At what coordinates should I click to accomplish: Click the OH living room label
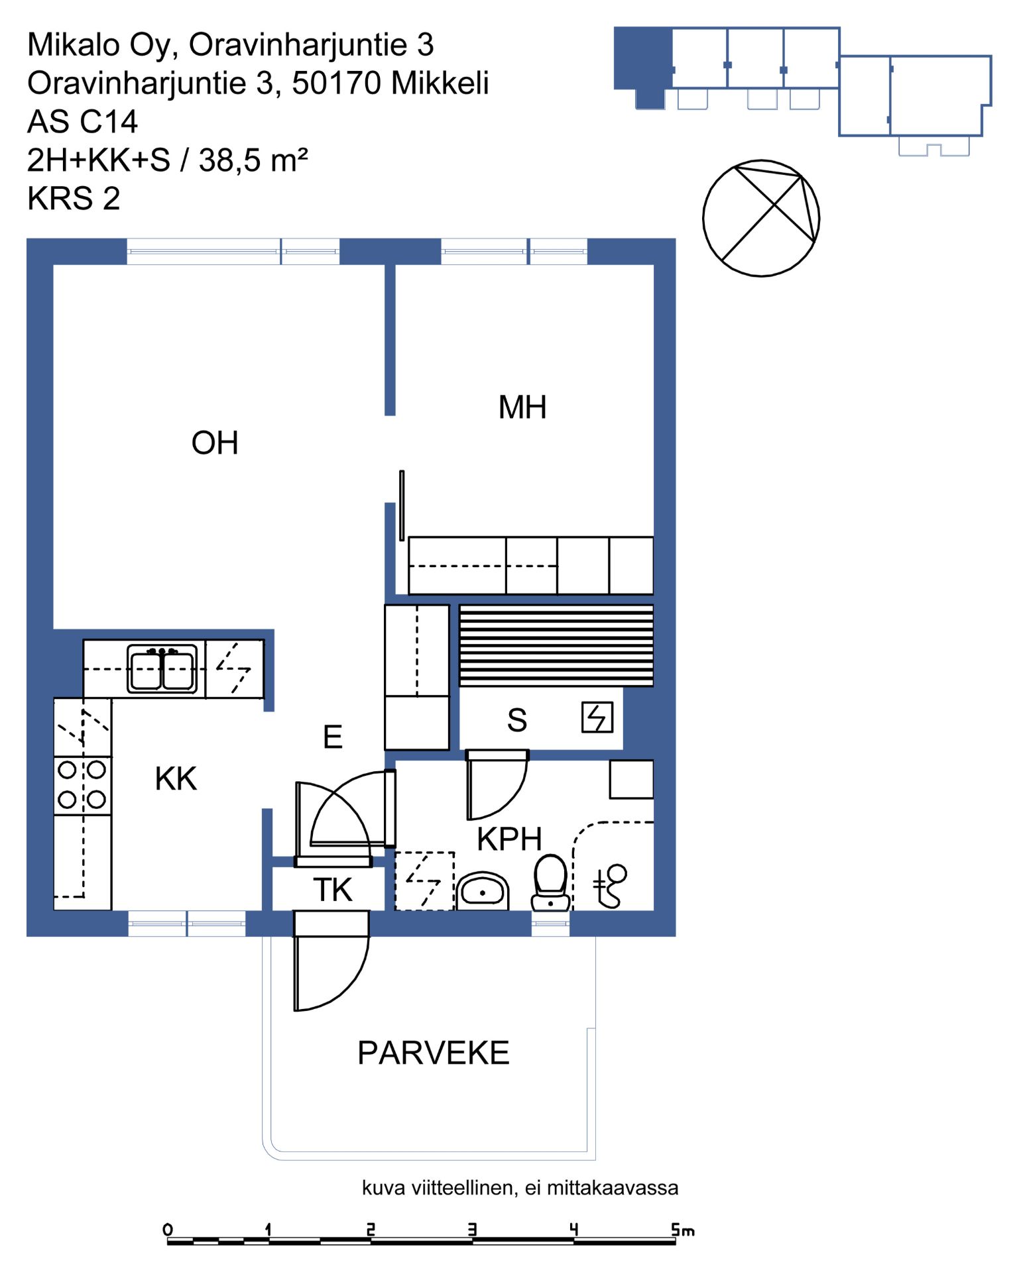(x=214, y=443)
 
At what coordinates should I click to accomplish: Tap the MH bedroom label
(x=522, y=407)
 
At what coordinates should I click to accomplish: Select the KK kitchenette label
(x=176, y=779)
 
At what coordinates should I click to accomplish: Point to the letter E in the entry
(x=333, y=737)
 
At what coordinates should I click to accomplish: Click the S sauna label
(x=517, y=720)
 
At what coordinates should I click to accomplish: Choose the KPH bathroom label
(x=509, y=839)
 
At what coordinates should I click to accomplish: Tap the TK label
(x=333, y=890)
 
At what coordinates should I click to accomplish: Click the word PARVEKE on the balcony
(x=434, y=1053)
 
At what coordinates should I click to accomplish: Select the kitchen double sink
(x=162, y=669)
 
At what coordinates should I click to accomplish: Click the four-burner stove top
(x=82, y=785)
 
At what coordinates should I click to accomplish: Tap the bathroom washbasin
(x=482, y=891)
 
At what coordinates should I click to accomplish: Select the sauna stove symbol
(x=597, y=717)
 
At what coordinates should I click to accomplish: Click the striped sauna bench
(x=556, y=645)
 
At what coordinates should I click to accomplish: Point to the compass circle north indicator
(x=761, y=218)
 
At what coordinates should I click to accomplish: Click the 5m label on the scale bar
(x=682, y=1230)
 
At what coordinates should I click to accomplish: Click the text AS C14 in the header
(x=82, y=122)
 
